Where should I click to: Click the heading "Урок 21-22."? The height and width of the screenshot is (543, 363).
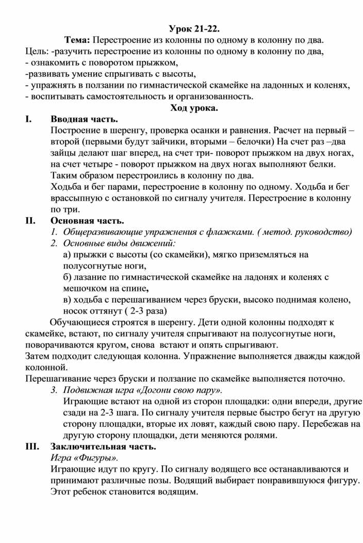point(197,28)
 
